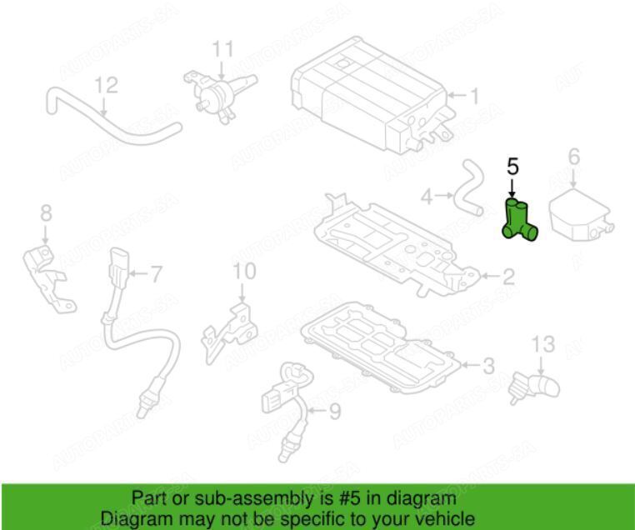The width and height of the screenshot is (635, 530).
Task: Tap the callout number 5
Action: tap(512, 167)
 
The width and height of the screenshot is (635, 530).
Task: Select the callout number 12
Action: tap(107, 85)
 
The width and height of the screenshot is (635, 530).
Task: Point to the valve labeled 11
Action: tap(218, 95)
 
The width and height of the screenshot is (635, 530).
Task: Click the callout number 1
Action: tap(473, 96)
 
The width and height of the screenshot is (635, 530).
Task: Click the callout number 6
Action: tap(574, 157)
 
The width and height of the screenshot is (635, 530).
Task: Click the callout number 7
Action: tap(157, 274)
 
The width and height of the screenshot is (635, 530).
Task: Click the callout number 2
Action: tap(508, 277)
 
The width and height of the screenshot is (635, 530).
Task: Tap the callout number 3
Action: tap(489, 366)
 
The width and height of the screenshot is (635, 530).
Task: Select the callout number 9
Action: tap(335, 412)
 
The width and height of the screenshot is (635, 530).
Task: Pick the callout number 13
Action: tap(543, 344)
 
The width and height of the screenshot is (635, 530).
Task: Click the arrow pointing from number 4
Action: tap(443, 196)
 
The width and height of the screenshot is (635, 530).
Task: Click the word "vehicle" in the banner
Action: tap(446, 518)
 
